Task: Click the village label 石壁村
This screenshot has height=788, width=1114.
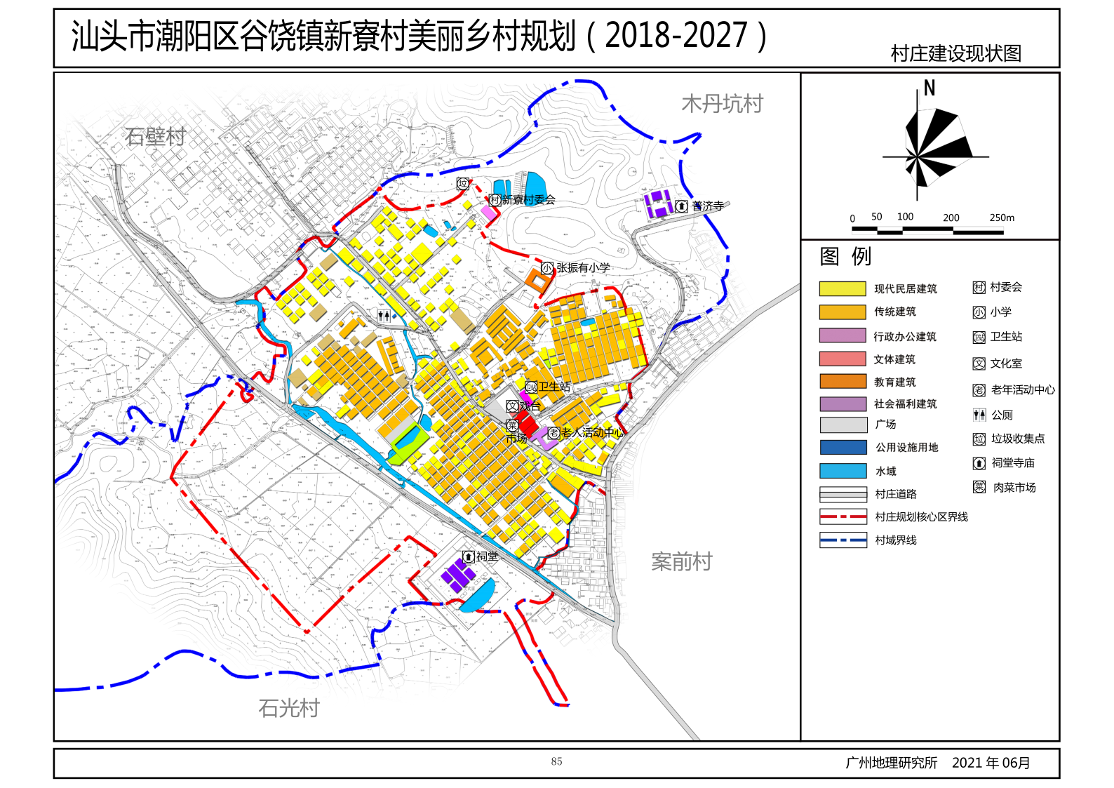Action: pyautogui.click(x=155, y=137)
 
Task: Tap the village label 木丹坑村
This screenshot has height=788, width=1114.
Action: pyautogui.click(x=722, y=104)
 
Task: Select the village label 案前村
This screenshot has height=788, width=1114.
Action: pyautogui.click(x=681, y=561)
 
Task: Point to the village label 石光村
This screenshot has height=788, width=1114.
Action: pyautogui.click(x=288, y=708)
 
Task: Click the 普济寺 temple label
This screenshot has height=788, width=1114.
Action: pyautogui.click(x=706, y=206)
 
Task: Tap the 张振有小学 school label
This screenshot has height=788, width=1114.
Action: pyautogui.click(x=582, y=268)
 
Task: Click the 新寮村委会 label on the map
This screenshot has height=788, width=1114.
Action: pyautogui.click(x=528, y=200)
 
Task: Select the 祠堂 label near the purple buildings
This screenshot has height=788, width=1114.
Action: pyautogui.click(x=487, y=556)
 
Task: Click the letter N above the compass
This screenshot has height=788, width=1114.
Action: pyautogui.click(x=929, y=88)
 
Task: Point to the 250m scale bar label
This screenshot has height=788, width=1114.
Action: pyautogui.click(x=1001, y=218)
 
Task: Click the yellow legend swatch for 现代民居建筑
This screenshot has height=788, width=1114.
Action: pyautogui.click(x=842, y=288)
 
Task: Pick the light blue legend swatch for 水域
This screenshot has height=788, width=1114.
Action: pyautogui.click(x=842, y=471)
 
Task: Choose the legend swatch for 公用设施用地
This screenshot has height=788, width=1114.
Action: pyautogui.click(x=842, y=448)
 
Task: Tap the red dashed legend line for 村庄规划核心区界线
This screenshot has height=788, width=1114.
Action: pyautogui.click(x=842, y=516)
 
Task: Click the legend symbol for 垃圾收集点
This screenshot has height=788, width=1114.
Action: pyautogui.click(x=979, y=439)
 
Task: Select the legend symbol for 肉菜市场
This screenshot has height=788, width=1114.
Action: pyautogui.click(x=979, y=487)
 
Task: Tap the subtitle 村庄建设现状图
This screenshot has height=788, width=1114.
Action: pyautogui.click(x=955, y=53)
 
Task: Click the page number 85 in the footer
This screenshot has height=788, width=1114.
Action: pyautogui.click(x=556, y=761)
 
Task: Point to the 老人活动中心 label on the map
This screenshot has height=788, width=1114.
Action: pyautogui.click(x=591, y=433)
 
